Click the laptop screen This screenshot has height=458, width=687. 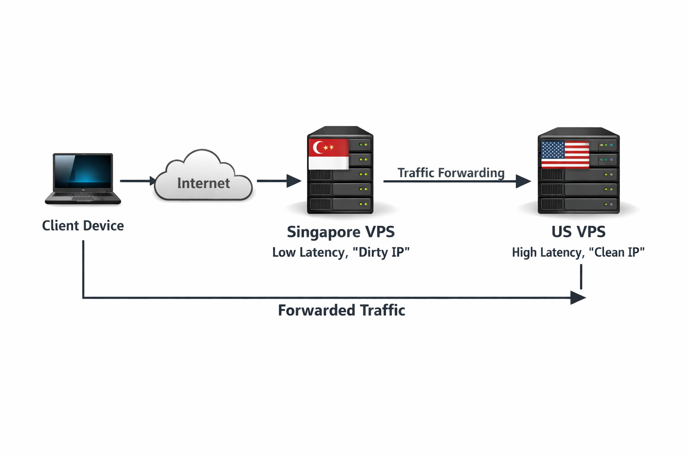pyautogui.click(x=83, y=171)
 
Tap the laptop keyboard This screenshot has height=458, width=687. pyautogui.click(x=83, y=195)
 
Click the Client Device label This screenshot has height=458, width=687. pyautogui.click(x=83, y=225)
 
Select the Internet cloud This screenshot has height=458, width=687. pyautogui.click(x=203, y=177)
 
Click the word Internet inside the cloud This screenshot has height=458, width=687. pyautogui.click(x=204, y=183)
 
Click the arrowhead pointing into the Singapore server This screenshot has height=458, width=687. pyautogui.click(x=294, y=181)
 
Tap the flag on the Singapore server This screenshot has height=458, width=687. pyautogui.click(x=328, y=154)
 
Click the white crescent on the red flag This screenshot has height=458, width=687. pyautogui.click(x=318, y=147)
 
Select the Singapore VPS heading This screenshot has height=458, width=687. pyautogui.click(x=341, y=232)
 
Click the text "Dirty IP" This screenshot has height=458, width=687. pyautogui.click(x=381, y=252)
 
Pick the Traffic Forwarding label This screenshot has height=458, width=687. pyautogui.click(x=451, y=173)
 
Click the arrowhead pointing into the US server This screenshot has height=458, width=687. pyautogui.click(x=523, y=181)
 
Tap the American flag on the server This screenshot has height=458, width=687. pyautogui.click(x=565, y=155)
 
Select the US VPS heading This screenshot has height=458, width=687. pyautogui.click(x=578, y=232)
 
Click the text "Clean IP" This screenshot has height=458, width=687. pyautogui.click(x=617, y=252)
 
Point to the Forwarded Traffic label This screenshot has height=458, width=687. pyautogui.click(x=341, y=310)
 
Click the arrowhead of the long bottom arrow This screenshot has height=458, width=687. pyautogui.click(x=578, y=297)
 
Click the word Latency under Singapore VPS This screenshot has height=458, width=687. pyautogui.click(x=322, y=252)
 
